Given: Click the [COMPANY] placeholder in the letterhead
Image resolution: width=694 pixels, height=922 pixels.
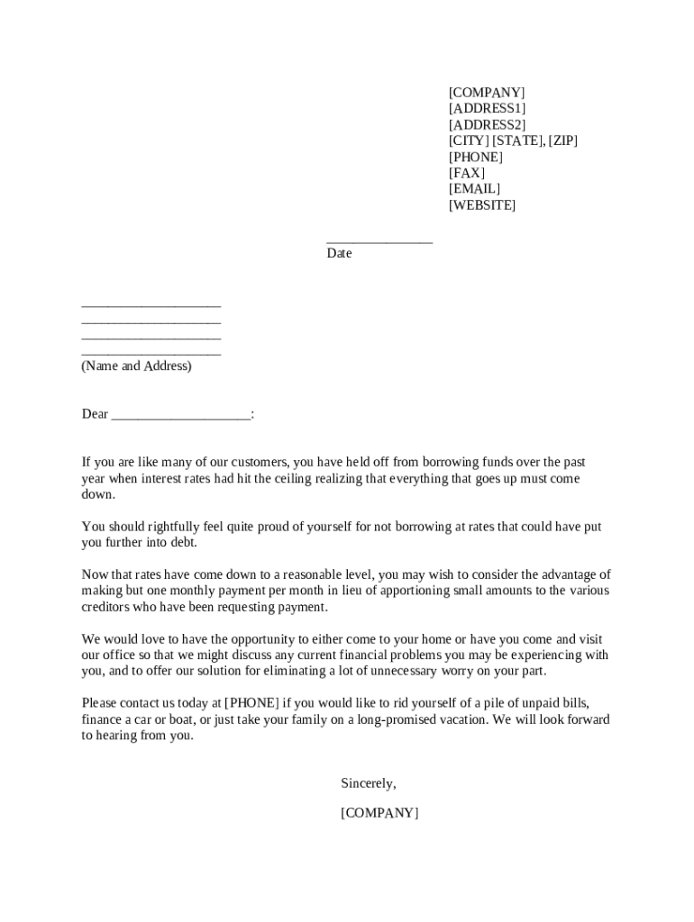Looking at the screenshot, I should click(487, 93).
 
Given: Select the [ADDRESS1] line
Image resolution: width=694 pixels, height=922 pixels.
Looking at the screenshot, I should click(488, 109).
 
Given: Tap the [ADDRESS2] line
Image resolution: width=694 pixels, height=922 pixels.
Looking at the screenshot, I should click(488, 125).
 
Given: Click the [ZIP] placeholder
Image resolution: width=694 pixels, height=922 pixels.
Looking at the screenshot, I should click(562, 141).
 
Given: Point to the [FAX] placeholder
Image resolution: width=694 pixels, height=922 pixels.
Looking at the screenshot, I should click(467, 173).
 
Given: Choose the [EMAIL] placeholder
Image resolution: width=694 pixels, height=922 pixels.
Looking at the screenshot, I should click(474, 189).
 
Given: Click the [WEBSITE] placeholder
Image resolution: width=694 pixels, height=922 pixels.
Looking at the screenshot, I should click(482, 205).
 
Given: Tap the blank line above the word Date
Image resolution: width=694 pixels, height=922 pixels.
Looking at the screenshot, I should click(379, 240).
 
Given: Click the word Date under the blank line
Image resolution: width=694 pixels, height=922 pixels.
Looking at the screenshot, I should click(340, 254).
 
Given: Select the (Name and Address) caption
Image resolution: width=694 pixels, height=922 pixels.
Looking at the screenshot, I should click(137, 366).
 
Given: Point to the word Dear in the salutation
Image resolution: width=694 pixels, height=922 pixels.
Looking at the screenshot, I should click(95, 414).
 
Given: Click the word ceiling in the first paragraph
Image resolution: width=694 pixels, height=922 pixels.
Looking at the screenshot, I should click(278, 479).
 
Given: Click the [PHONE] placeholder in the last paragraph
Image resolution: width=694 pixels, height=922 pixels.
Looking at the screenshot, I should click(252, 703).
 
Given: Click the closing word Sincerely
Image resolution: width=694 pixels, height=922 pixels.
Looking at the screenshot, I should click(369, 783).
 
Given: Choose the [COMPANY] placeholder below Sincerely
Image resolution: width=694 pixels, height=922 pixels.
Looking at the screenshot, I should click(379, 813).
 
